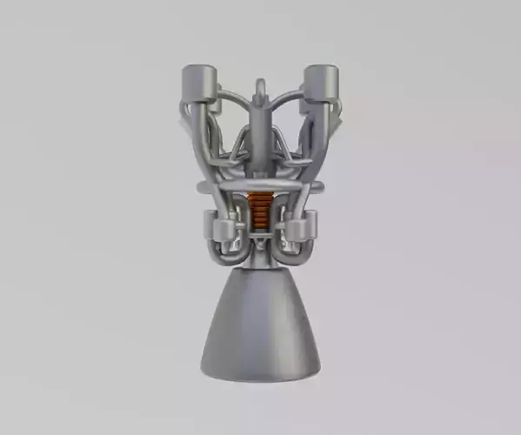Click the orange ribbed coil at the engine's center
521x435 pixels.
tap(258, 209)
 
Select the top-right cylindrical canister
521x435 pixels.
tap(323, 84)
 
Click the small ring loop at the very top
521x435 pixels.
tap(259, 88)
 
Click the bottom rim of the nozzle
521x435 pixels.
tap(258, 376)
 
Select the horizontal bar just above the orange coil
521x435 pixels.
tap(258, 185)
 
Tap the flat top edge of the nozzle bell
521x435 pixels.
tap(258, 271)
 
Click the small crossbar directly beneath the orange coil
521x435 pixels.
tap(258, 232)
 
